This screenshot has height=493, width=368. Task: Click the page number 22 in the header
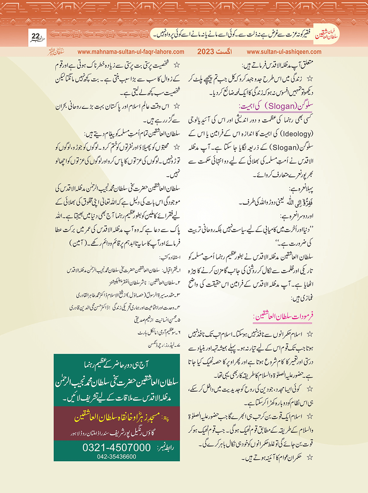pyautogui.click(x=36, y=36)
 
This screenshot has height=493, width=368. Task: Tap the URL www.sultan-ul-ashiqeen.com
pyautogui.click(x=284, y=52)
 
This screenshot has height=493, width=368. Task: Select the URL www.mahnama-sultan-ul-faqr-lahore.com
pyautogui.click(x=131, y=52)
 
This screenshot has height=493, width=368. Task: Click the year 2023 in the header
pyautogui.click(x=206, y=52)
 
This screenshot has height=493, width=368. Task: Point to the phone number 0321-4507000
pyautogui.click(x=117, y=447)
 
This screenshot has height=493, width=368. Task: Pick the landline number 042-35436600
pyautogui.click(x=117, y=456)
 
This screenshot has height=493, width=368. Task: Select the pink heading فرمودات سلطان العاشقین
pyautogui.click(x=283, y=316)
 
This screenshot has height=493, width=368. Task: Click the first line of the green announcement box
pyautogui.click(x=117, y=365)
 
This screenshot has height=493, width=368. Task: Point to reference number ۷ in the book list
pyautogui.click(x=178, y=345)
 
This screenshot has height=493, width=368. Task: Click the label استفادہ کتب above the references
pyautogui.click(x=170, y=257)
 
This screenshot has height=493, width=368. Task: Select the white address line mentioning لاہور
pyautogui.click(x=117, y=433)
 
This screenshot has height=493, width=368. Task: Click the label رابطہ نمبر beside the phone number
pyautogui.click(x=165, y=447)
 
